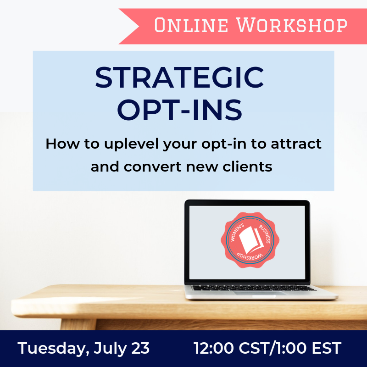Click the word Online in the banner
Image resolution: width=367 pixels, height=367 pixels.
click(191, 25)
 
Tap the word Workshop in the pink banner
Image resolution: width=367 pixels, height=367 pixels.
click(292, 25)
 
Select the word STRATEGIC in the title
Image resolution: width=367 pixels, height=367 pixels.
click(179, 78)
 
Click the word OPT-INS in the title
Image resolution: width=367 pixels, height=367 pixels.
click(179, 110)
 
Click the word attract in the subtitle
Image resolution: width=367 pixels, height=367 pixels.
click(296, 144)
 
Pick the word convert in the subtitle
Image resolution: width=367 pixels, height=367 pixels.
click(153, 167)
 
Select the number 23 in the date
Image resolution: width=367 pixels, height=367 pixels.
click(140, 348)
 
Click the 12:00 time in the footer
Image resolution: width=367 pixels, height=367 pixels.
click(213, 348)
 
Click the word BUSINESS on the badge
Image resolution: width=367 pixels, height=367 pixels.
click(265, 234)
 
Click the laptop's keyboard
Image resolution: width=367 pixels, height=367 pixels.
click(253, 288)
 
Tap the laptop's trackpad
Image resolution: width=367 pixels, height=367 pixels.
click(259, 293)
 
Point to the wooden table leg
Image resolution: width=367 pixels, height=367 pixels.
click(78, 324)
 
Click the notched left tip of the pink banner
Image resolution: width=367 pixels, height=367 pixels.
click(139, 26)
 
